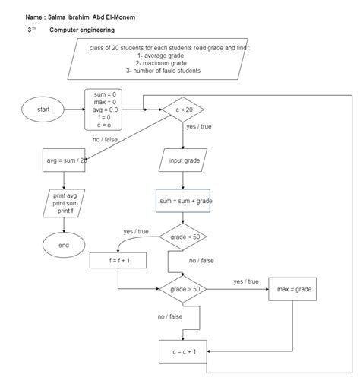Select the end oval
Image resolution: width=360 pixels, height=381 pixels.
[x=64, y=246]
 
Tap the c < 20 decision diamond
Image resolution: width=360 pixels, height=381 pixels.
[x=183, y=110]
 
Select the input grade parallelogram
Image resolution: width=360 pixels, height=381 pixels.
[x=183, y=161]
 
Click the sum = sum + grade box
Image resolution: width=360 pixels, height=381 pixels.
[x=184, y=202]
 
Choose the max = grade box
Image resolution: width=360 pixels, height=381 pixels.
[x=292, y=289]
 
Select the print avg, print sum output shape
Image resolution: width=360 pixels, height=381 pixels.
[x=64, y=203]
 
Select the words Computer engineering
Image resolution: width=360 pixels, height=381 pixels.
[x=82, y=30]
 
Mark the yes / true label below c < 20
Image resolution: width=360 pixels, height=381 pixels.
[x=198, y=126]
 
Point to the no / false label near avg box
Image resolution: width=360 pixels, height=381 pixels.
[x=106, y=140]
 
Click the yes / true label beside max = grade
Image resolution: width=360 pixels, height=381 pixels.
[x=245, y=281]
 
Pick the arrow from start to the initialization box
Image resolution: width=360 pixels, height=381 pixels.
[x=74, y=110]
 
